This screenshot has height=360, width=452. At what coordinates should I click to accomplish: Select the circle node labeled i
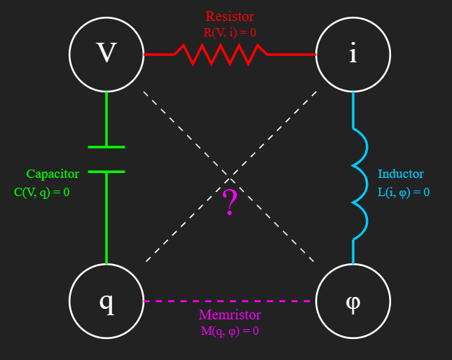click(x=352, y=54)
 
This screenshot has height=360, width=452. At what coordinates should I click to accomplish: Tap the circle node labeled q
click(x=106, y=300)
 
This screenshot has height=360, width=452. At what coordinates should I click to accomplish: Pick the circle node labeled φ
click(x=352, y=300)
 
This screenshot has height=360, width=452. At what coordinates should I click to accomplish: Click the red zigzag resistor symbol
click(x=221, y=54)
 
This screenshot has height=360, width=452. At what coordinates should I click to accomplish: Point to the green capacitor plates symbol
click(x=107, y=159)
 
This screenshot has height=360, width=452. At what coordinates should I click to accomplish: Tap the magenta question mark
click(x=230, y=204)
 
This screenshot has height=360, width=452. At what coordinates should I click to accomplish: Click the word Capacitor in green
click(x=53, y=174)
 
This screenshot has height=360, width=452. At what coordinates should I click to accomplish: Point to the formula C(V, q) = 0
click(x=42, y=191)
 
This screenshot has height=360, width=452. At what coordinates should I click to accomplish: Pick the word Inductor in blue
click(x=401, y=174)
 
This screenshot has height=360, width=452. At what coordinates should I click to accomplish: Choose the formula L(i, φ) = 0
click(x=404, y=191)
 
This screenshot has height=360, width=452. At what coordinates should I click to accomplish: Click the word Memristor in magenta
click(x=229, y=314)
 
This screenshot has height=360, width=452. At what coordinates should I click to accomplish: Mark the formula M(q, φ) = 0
click(x=230, y=330)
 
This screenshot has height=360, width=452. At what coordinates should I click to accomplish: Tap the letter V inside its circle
click(x=106, y=53)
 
